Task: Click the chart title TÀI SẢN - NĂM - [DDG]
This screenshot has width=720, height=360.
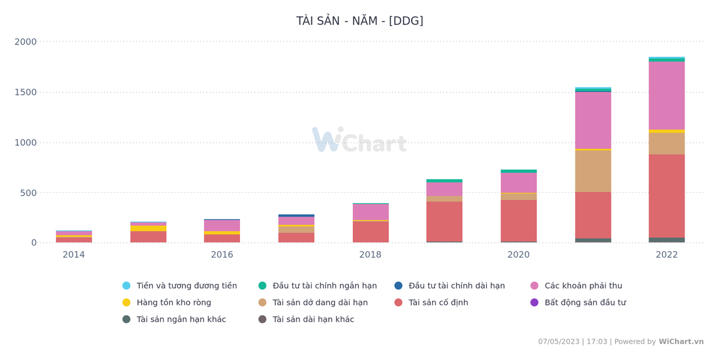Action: pyautogui.click(x=359, y=21)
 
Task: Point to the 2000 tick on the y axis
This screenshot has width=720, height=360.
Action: pyautogui.click(x=26, y=42)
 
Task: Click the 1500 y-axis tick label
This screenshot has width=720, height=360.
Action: pyautogui.click(x=26, y=92)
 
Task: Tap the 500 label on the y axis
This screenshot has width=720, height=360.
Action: pyautogui.click(x=28, y=193)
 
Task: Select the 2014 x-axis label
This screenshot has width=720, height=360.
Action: pyautogui.click(x=74, y=255)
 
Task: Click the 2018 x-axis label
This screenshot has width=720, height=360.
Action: pyautogui.click(x=370, y=255)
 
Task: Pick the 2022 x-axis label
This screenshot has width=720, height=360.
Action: pyautogui.click(x=667, y=255)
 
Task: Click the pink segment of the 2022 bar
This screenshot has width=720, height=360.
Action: pyautogui.click(x=667, y=96)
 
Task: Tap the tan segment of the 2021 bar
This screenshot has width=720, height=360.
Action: pyautogui.click(x=593, y=171)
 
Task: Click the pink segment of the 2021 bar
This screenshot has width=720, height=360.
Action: pyautogui.click(x=593, y=120)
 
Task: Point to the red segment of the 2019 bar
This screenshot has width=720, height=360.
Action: pyautogui.click(x=444, y=221)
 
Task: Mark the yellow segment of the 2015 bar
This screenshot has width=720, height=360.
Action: pyautogui.click(x=148, y=228)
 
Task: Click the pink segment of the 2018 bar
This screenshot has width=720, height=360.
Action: pyautogui.click(x=370, y=212)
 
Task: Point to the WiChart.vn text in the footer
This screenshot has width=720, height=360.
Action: pyautogui.click(x=681, y=342)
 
